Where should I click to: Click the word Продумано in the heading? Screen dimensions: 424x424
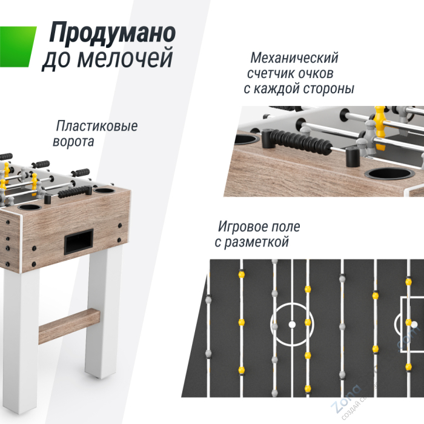coord(112,33)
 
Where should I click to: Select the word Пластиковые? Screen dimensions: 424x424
coord(97,127)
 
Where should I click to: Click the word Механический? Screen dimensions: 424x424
coord(294,59)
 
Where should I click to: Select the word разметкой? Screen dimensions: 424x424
coord(258,242)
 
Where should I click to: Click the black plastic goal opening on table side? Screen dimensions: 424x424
coord(79,242)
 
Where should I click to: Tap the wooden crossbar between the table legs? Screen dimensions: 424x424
coord(68,324)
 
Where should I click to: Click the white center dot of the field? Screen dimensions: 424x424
coord(291,324)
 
